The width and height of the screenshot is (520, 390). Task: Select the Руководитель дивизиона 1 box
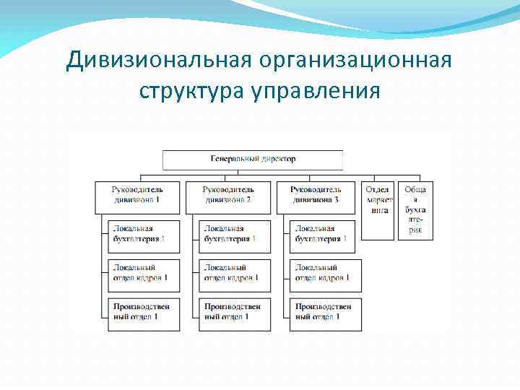137,196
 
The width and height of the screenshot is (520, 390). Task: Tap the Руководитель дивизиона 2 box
228,196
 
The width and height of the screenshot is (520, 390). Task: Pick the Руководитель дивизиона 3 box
316,196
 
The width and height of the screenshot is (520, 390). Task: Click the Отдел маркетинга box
378,208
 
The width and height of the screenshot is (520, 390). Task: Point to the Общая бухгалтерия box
415,209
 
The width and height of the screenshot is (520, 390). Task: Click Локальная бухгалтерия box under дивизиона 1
144,236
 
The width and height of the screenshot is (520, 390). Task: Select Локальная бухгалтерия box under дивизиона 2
235,236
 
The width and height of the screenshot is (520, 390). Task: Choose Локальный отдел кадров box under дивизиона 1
144,275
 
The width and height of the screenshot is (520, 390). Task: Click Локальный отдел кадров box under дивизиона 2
235,275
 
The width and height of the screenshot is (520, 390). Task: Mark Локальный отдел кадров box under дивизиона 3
325,275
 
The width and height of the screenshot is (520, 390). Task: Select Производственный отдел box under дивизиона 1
144,314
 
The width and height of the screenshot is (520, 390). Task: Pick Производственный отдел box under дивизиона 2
235,314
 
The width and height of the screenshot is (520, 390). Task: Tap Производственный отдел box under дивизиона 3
325,314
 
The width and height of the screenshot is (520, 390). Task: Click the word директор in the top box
278,159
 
